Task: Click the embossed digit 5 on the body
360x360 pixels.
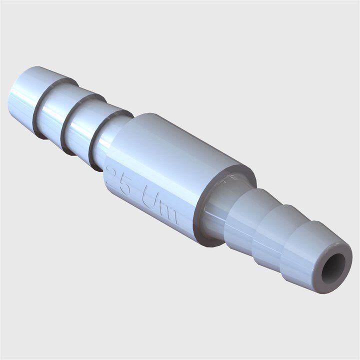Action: point(125,186)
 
